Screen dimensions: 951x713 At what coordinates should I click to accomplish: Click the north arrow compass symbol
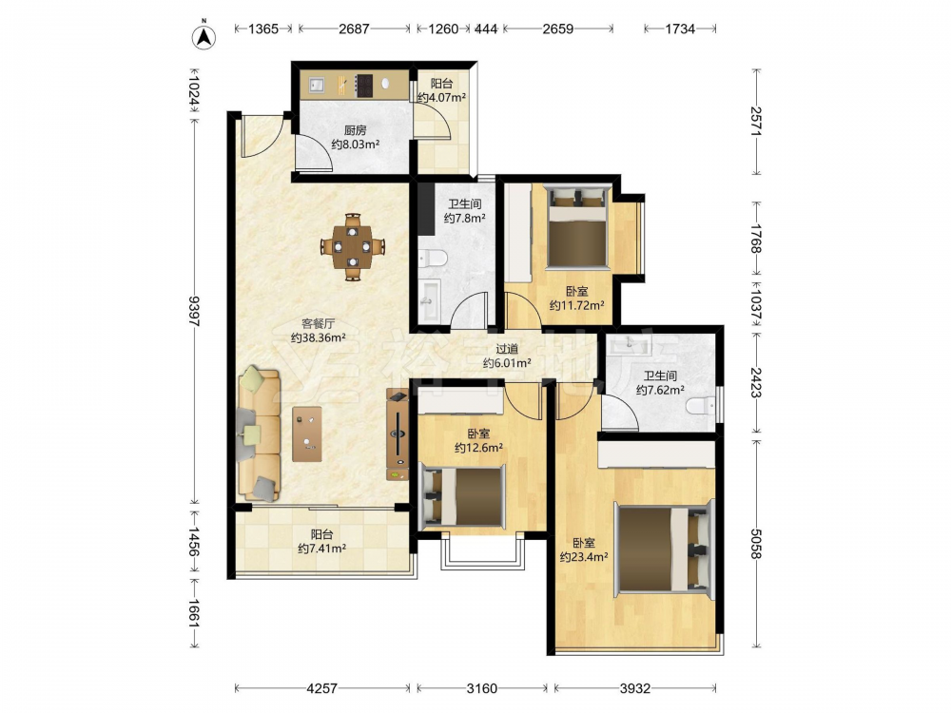click(x=204, y=36)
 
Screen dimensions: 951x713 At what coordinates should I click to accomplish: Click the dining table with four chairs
click(x=353, y=246)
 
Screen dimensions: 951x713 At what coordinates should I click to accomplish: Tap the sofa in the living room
click(x=259, y=433)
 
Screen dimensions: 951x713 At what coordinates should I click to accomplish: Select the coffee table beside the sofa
click(x=307, y=434)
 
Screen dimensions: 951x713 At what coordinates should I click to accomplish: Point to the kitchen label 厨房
click(x=356, y=129)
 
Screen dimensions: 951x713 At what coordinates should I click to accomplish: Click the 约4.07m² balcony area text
click(x=441, y=98)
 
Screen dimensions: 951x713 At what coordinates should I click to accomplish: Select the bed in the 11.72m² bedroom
click(x=577, y=227)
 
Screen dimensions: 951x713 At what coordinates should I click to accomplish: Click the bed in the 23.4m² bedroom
click(x=664, y=549)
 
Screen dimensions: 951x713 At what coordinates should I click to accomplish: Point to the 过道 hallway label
click(x=507, y=349)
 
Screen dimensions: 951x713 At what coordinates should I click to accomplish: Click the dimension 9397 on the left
click(x=194, y=311)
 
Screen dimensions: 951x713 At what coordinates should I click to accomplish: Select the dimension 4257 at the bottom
click(x=322, y=688)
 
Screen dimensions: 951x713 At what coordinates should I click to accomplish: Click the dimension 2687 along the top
click(x=354, y=29)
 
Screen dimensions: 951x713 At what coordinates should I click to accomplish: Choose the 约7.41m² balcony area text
click(x=321, y=549)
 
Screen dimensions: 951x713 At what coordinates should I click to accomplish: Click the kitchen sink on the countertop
click(x=318, y=85)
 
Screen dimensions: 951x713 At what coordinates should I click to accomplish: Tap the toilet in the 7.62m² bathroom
click(x=701, y=406)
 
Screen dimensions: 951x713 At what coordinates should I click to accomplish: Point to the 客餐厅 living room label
click(x=319, y=324)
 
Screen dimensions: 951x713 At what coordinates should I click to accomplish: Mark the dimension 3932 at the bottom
click(x=635, y=688)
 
